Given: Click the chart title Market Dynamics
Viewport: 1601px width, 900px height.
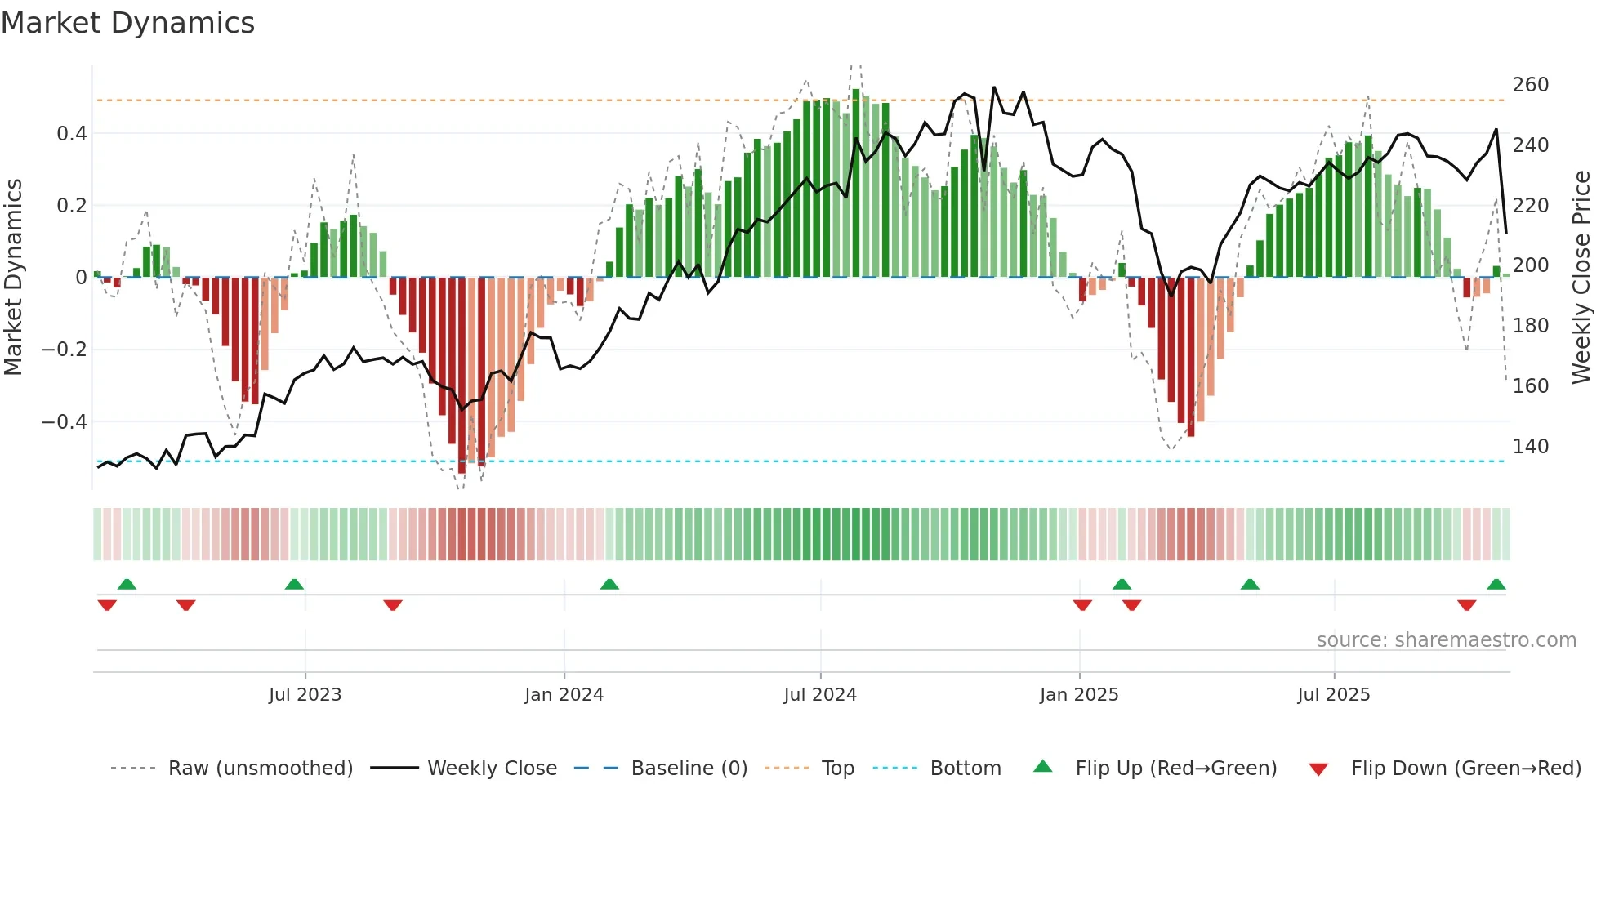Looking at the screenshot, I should click(128, 23).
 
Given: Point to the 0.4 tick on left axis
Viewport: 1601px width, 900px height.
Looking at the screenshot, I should click(71, 133).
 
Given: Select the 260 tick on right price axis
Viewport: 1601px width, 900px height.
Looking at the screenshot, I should click(1530, 85).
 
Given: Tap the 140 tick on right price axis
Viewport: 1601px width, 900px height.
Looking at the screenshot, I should click(1530, 447).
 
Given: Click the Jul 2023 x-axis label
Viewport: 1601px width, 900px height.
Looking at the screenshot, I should click(305, 695).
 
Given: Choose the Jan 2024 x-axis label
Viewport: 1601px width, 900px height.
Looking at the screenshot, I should click(564, 695).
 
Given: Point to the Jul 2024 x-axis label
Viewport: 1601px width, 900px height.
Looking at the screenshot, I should click(820, 695).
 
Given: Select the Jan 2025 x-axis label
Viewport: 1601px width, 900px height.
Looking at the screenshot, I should click(1079, 695).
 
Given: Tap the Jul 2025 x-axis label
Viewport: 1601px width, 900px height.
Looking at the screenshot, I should click(1334, 695).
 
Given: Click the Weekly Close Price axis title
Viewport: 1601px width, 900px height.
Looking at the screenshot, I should click(1581, 277).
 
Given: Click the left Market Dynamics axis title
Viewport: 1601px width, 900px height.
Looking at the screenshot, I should click(13, 277).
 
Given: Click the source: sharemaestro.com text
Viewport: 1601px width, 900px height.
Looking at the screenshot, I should click(1446, 640).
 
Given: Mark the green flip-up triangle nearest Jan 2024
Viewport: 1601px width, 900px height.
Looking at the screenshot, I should click(609, 584).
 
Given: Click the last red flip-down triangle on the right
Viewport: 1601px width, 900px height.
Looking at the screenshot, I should click(1466, 605).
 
